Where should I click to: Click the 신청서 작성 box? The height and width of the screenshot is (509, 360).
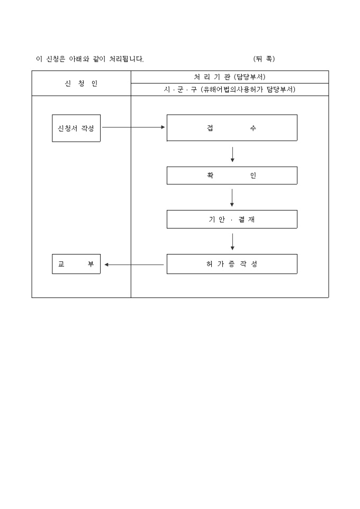click(76, 128)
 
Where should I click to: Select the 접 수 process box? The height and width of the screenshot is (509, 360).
click(232, 128)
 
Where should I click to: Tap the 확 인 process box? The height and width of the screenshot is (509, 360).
click(232, 176)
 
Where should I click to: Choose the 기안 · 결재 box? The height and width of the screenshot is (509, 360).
click(232, 219)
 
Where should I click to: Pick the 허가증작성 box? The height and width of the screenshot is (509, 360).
click(232, 264)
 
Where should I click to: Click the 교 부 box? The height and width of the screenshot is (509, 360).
click(76, 264)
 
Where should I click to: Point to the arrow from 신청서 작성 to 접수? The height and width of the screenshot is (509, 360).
click(133, 128)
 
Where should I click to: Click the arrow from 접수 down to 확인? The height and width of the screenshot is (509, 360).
click(232, 154)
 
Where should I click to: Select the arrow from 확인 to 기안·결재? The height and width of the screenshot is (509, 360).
click(232, 197)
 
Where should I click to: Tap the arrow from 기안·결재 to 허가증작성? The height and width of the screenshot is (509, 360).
click(232, 241)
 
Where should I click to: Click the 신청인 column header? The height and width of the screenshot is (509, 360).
click(81, 84)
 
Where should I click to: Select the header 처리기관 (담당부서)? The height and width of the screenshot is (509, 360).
click(229, 77)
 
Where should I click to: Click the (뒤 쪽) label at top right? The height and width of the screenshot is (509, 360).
click(264, 59)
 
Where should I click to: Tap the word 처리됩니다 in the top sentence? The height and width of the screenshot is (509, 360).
click(127, 59)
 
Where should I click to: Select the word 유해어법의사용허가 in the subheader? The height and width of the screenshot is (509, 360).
click(230, 90)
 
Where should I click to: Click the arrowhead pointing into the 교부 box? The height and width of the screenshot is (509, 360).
click(106, 265)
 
